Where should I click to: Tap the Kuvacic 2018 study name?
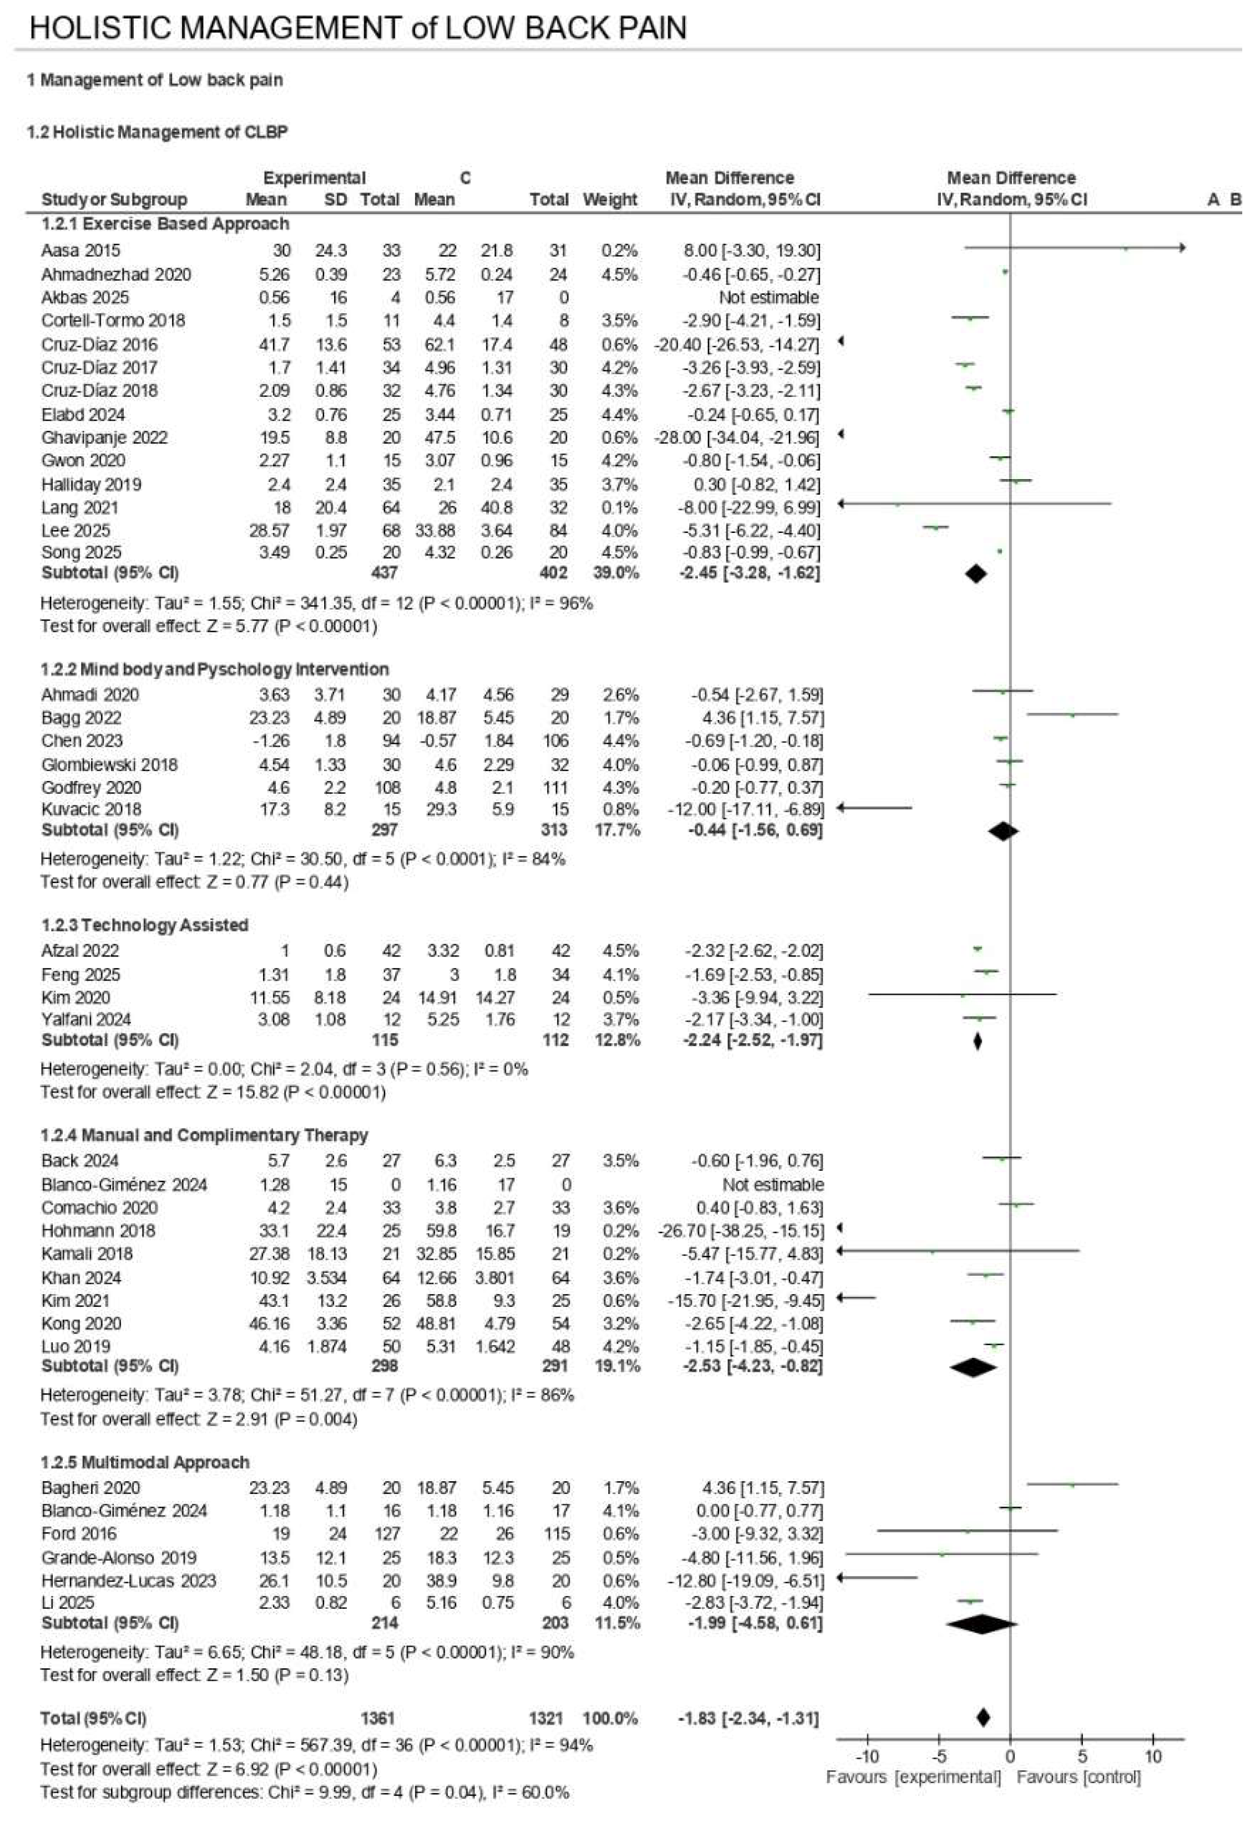pyautogui.click(x=91, y=809)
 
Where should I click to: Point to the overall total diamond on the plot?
pyautogui.click(x=983, y=1718)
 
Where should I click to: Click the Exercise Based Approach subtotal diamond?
pyautogui.click(x=976, y=574)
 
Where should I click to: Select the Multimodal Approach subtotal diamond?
pyautogui.click(x=981, y=1624)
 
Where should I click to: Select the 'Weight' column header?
pyautogui.click(x=609, y=200)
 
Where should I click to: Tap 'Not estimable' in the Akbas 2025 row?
pyautogui.click(x=768, y=298)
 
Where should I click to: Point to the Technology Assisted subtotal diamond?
pyautogui.click(x=978, y=1041)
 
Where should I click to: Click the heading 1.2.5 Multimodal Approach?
pyautogui.click(x=145, y=1462)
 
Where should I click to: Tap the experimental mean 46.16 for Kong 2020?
pyautogui.click(x=269, y=1323)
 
